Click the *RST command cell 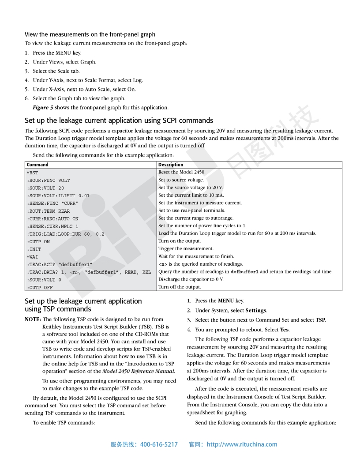(33, 173)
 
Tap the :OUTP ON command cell (38, 241)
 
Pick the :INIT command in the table (34, 249)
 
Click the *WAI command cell (33, 257)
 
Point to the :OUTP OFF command (40, 287)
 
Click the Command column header (37, 165)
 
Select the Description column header (171, 165)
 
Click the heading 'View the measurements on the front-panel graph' (90, 34)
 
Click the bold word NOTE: (33, 319)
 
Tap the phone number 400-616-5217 (159, 444)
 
